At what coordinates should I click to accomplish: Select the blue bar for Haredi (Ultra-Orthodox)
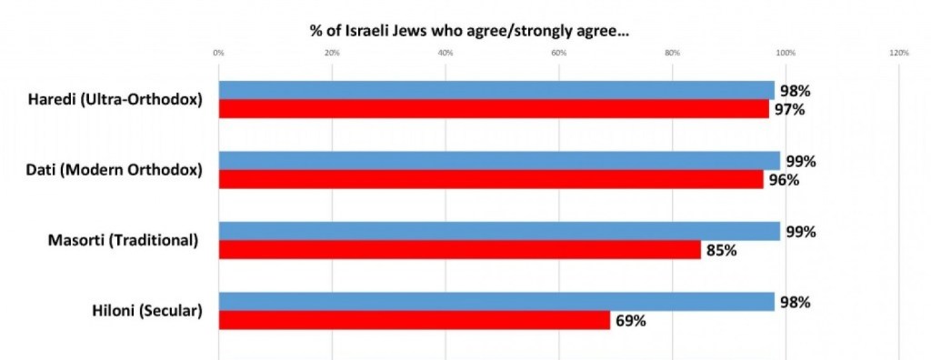point(496,90)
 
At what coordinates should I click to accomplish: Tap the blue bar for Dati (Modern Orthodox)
point(499,161)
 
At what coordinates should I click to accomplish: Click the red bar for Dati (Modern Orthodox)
point(491,179)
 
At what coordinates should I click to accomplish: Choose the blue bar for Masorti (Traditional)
point(499,231)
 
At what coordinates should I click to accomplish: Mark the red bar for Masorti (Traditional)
point(459,249)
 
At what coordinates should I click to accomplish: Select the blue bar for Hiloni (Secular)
point(496,302)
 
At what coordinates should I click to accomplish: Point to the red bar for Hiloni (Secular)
point(414,320)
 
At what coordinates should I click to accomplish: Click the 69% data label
point(629,321)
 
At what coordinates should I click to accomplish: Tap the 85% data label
point(720,250)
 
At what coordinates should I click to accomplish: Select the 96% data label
point(783,180)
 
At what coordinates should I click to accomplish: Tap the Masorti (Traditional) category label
point(123,241)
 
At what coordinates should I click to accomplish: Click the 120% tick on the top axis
point(899,54)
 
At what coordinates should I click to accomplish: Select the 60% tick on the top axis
point(559,54)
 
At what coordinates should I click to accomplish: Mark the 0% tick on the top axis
point(218,54)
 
